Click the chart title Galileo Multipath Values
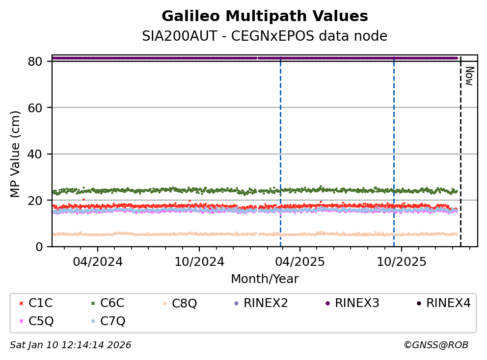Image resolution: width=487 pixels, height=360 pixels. (x=265, y=16)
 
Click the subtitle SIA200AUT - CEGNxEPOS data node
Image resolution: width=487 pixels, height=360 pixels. (x=265, y=36)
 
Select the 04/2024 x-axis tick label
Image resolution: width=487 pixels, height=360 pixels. (x=97, y=261)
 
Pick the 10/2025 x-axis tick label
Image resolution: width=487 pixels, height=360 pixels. (x=401, y=261)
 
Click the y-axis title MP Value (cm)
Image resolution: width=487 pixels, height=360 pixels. (x=16, y=154)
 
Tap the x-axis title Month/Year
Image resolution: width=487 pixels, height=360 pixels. (x=265, y=279)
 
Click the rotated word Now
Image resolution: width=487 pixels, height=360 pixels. (x=469, y=76)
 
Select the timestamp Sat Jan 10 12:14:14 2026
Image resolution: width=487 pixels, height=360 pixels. (x=71, y=345)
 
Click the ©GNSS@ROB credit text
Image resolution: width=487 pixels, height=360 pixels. (x=436, y=345)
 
